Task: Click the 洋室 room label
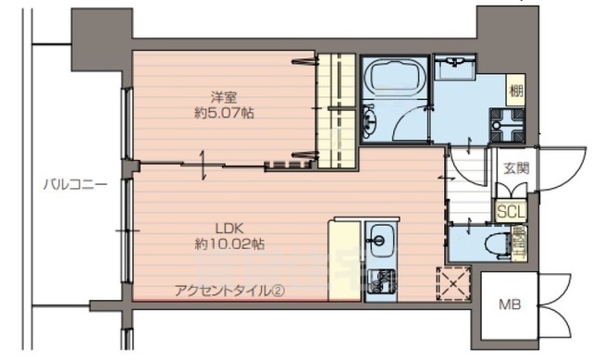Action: coord(224,96)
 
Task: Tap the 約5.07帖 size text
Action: coord(224,114)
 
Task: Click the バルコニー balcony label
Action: coord(76,184)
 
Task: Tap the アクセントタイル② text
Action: coord(228,291)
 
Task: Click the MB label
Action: coord(510,304)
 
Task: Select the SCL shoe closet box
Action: coord(510,211)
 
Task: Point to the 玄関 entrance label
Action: coord(516,168)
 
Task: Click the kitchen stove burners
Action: coord(379,279)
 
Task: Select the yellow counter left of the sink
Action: coord(342,259)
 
